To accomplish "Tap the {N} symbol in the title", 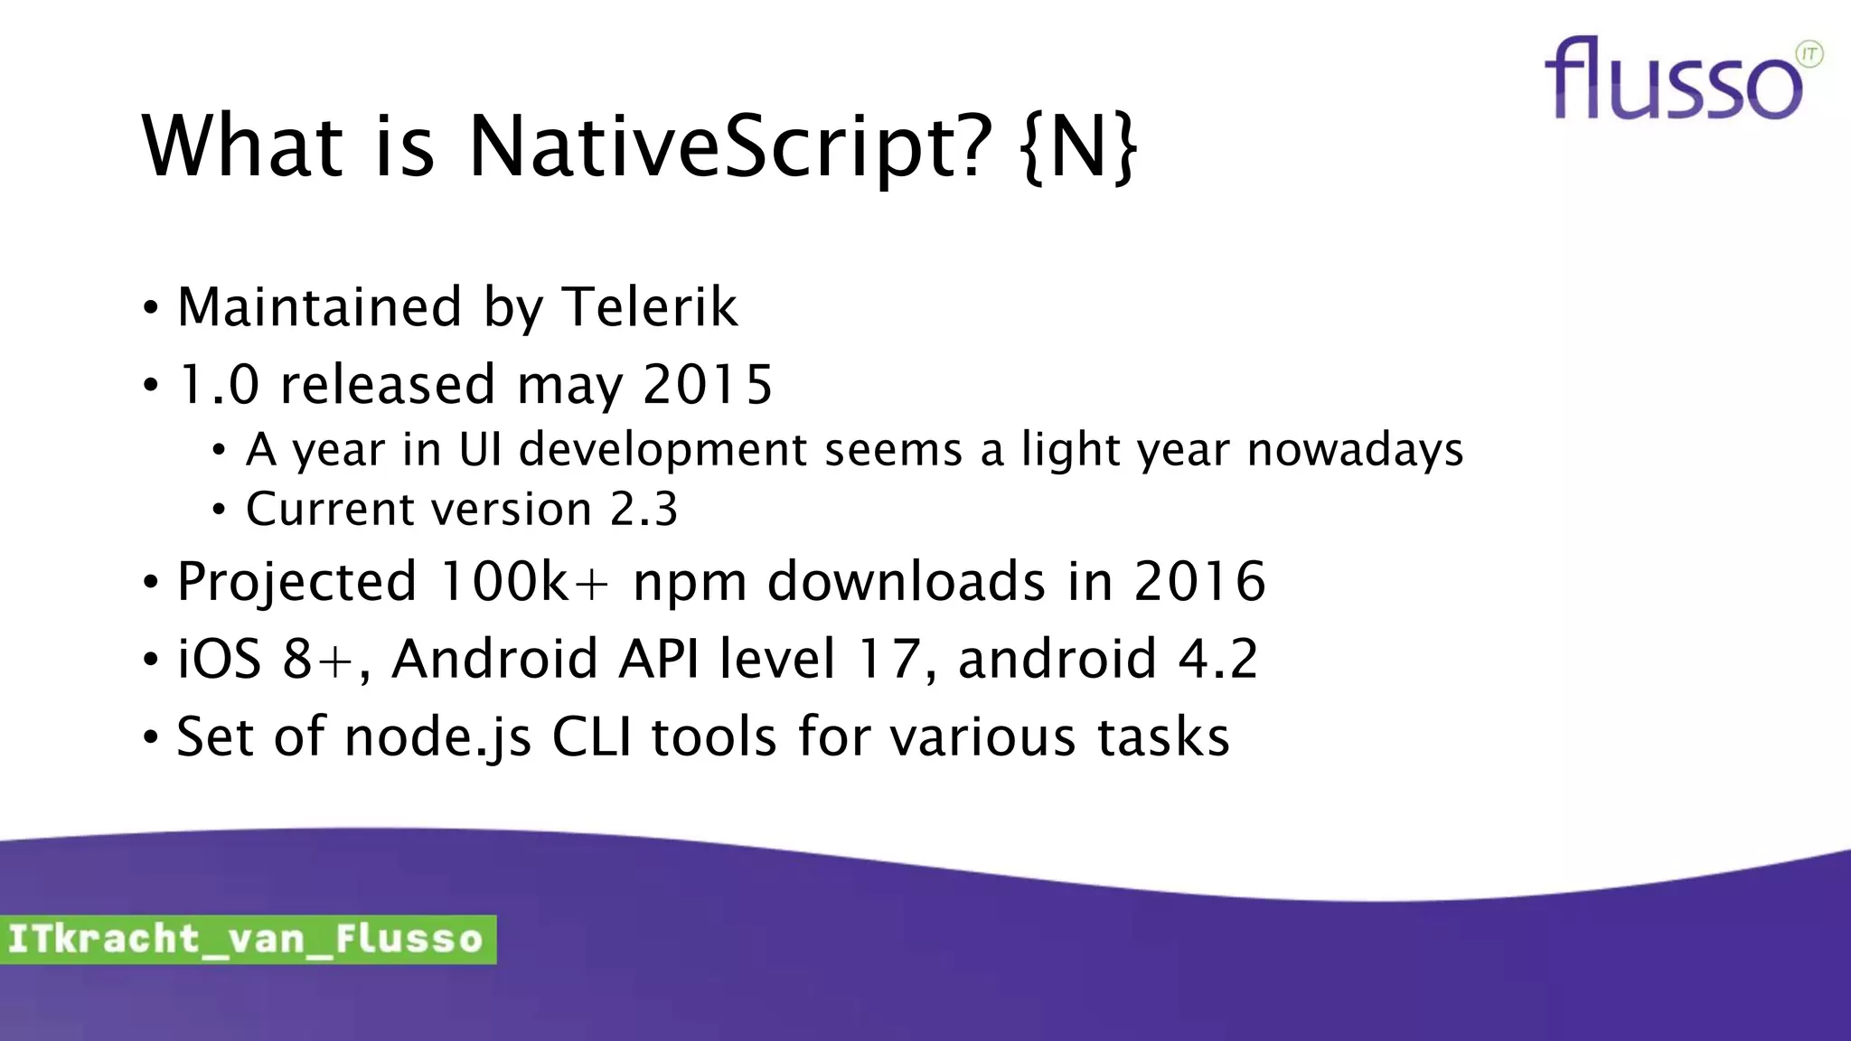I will point(1078,146).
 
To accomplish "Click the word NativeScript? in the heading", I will point(730,146).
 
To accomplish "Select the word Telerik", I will point(650,307).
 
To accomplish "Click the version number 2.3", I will point(644,509).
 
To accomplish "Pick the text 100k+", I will point(523,581).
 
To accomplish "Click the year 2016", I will point(1199,581).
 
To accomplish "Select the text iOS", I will point(220,659).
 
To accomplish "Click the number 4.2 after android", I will point(1218,659).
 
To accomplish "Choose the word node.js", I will point(438,737).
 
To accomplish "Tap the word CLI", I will point(591,736).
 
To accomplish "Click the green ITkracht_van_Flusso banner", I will point(247,939).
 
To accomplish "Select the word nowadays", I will point(1355,449).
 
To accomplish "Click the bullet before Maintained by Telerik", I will point(151,308).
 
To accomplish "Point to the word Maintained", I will point(320,307).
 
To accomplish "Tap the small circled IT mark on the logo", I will point(1809,54).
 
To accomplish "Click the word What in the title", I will point(242,146).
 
